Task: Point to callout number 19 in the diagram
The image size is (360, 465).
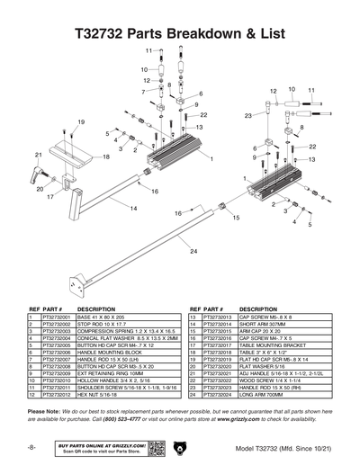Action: point(81,121)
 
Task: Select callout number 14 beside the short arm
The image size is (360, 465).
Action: point(133,209)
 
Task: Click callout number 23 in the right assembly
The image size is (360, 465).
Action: point(247,116)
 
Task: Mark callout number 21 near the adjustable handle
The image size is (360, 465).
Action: point(38,156)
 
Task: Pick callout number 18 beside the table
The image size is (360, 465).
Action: point(106,156)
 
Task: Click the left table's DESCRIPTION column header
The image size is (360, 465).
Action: point(96,309)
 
